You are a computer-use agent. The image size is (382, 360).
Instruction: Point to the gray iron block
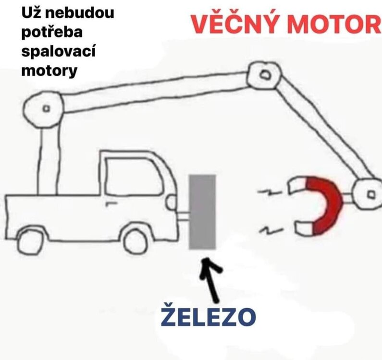tap(202, 212)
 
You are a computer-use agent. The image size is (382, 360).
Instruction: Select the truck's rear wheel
tap(30, 241)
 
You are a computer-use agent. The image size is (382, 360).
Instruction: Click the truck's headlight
tap(171, 202)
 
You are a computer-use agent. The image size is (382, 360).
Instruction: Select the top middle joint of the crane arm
tap(264, 75)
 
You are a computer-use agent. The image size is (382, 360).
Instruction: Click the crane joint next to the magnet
tap(369, 194)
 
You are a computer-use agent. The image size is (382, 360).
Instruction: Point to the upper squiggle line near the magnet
tap(269, 193)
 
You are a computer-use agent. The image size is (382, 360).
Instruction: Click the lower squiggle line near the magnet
tap(271, 229)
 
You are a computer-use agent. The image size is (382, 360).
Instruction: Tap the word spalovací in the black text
tap(59, 51)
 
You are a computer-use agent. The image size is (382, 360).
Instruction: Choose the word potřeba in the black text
tap(52, 33)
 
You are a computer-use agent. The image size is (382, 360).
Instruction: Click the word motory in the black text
tap(49, 71)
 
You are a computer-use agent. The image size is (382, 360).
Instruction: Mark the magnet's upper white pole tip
tap(292, 187)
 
